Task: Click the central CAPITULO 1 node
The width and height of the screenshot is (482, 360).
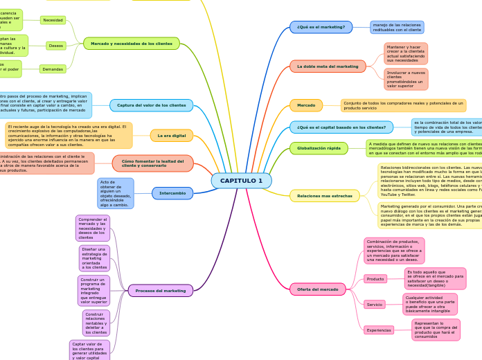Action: pos(241,181)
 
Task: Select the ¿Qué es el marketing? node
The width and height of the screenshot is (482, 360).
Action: pos(321,27)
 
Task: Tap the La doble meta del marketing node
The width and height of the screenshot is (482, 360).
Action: pos(328,66)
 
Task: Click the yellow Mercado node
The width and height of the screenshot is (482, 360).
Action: pos(305,105)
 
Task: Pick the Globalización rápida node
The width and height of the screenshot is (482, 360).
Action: pos(319,148)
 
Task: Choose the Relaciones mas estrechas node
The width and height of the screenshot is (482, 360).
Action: pos(324,196)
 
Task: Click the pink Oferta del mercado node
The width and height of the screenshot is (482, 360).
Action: pos(317,289)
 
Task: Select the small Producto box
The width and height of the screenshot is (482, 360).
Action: pos(375,278)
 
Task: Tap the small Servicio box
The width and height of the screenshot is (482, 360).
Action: pos(375,304)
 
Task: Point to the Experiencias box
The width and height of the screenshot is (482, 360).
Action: pos(379,330)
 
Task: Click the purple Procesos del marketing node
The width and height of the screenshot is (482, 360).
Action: pos(161,291)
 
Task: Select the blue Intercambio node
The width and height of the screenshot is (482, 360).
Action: pos(172,193)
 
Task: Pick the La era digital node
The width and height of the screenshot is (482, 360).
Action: pos(171,136)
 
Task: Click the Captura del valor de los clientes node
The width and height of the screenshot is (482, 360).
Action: pos(151,105)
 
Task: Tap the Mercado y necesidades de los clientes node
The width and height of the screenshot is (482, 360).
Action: pos(132,44)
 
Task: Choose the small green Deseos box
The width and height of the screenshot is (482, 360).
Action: pos(56,46)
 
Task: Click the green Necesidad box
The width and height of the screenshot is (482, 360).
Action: pos(53,20)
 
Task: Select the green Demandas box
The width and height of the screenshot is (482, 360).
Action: pos(53,69)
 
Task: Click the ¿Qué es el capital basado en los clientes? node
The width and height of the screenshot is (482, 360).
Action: pos(341,127)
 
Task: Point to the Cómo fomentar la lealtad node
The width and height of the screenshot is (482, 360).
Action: pos(153,163)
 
